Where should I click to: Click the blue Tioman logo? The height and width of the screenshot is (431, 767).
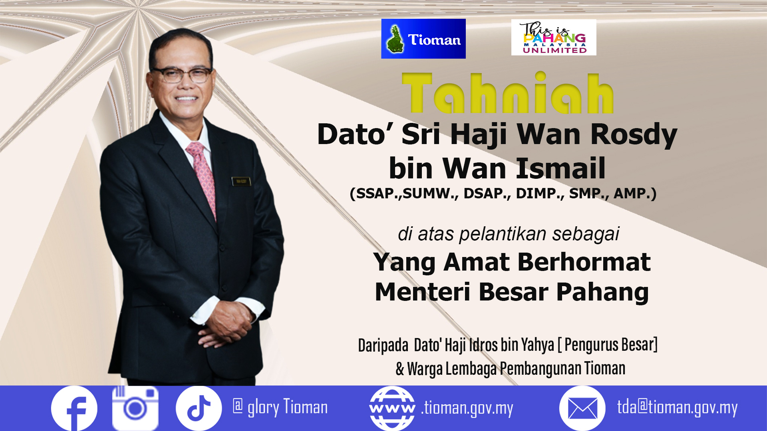pos(423,39)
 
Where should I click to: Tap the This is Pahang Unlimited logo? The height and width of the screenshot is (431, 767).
pos(554,37)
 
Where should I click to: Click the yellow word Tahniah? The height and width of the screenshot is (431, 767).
pos(508,93)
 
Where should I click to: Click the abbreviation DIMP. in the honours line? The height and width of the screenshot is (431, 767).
pos(540,194)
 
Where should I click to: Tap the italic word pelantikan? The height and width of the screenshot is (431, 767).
pos(503,234)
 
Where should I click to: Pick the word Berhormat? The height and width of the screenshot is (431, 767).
pos(584,262)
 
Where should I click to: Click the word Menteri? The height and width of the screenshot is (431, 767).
pos(423,292)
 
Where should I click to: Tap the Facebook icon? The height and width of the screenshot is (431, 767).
pos(74,408)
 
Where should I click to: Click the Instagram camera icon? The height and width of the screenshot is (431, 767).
pos(135,408)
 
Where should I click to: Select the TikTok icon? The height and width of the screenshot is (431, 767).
pos(199,408)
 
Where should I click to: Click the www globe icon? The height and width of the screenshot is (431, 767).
pos(392,408)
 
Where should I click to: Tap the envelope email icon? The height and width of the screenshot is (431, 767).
pos(582,408)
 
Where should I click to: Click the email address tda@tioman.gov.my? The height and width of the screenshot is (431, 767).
pos(677,408)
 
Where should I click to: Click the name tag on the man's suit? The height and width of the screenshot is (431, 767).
pos(241,181)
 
